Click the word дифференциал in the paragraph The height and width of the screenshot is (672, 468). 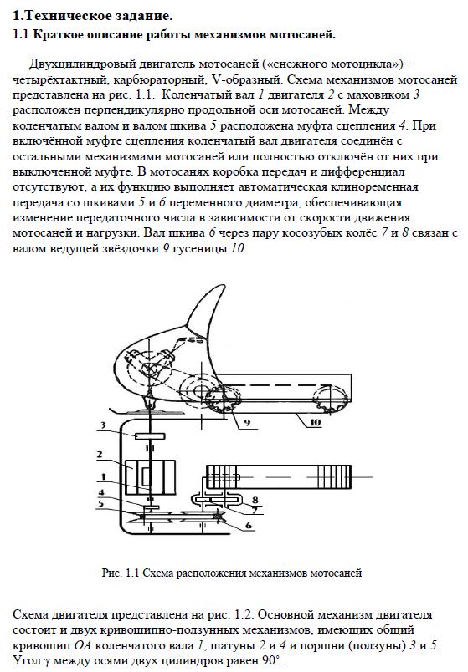pos(363,172)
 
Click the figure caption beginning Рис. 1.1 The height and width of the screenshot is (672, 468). pos(232,573)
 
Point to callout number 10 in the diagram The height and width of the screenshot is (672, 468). pos(315,422)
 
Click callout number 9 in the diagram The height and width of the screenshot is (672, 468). pos(247,423)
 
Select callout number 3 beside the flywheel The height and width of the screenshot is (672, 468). pos(103,425)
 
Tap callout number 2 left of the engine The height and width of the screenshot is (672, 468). pos(100,455)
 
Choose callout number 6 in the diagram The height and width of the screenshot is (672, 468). pos(249,525)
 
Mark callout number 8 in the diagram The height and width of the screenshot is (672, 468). pos(255,500)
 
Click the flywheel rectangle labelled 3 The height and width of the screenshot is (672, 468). pos(150,435)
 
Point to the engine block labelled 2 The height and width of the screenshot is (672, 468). pos(151,477)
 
